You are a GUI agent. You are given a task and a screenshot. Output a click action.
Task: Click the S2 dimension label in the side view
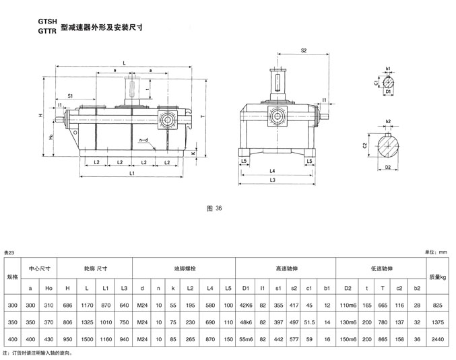(304, 51)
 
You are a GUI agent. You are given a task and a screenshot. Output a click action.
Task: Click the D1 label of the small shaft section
(389, 92)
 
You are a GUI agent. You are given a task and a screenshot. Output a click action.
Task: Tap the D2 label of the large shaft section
(388, 168)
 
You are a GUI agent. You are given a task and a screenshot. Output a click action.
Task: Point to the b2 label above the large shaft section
(389, 122)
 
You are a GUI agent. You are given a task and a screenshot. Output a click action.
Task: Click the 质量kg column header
(438, 276)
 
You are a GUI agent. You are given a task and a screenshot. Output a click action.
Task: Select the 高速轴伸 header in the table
(286, 267)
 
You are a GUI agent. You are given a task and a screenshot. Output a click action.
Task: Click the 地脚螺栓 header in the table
(184, 267)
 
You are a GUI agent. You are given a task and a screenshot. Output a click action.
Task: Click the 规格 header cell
(13, 276)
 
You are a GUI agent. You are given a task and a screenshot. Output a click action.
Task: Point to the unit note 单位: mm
(436, 252)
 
